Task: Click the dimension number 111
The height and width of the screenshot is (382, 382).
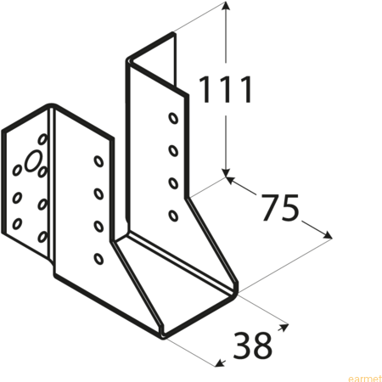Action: [225, 90]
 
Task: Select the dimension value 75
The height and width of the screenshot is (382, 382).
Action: [279, 207]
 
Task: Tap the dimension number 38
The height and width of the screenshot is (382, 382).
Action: [252, 345]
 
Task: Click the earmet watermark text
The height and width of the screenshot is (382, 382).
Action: [365, 379]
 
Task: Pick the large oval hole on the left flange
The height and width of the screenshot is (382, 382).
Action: [33, 160]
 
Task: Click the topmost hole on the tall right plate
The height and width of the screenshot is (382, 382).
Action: [173, 118]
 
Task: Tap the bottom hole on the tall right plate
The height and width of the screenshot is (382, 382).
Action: [173, 216]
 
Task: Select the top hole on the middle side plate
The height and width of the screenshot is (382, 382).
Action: [98, 161]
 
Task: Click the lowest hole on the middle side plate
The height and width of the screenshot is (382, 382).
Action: [98, 259]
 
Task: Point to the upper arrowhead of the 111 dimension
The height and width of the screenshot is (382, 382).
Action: [226, 6]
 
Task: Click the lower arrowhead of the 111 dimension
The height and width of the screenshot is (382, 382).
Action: [226, 172]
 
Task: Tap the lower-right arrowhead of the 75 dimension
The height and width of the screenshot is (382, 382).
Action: [327, 235]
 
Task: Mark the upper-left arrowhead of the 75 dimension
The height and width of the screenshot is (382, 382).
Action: [231, 180]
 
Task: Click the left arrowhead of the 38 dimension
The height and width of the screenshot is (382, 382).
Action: [220, 363]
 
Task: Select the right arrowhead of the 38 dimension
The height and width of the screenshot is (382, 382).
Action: [284, 327]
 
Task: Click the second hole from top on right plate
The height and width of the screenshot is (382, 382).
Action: [173, 150]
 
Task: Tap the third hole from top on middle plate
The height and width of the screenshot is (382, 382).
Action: [98, 227]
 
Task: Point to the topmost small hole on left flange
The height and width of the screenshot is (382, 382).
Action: [42, 138]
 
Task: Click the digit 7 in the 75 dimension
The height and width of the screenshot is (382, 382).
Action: [270, 207]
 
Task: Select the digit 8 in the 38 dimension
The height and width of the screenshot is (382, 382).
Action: [262, 345]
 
